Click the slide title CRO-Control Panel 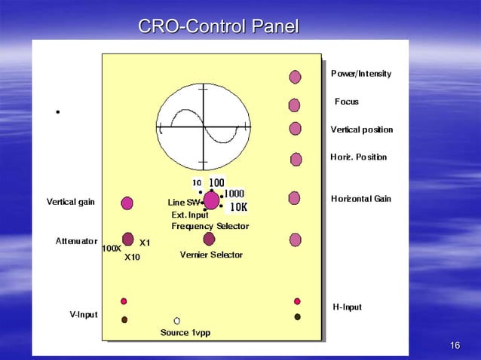219,27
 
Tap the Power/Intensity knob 295,77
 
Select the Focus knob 295,105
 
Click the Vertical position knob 295,130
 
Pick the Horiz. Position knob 296,159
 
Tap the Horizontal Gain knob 294,198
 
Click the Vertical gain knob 127,203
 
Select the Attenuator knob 127,239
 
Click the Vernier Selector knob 209,239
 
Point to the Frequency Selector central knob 211,200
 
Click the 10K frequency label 239,207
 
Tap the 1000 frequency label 234,194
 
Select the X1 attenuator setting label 145,243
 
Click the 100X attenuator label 112,249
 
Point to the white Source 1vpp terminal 177,320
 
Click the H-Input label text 347,307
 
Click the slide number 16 454,345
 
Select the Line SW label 182,203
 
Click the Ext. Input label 190,215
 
